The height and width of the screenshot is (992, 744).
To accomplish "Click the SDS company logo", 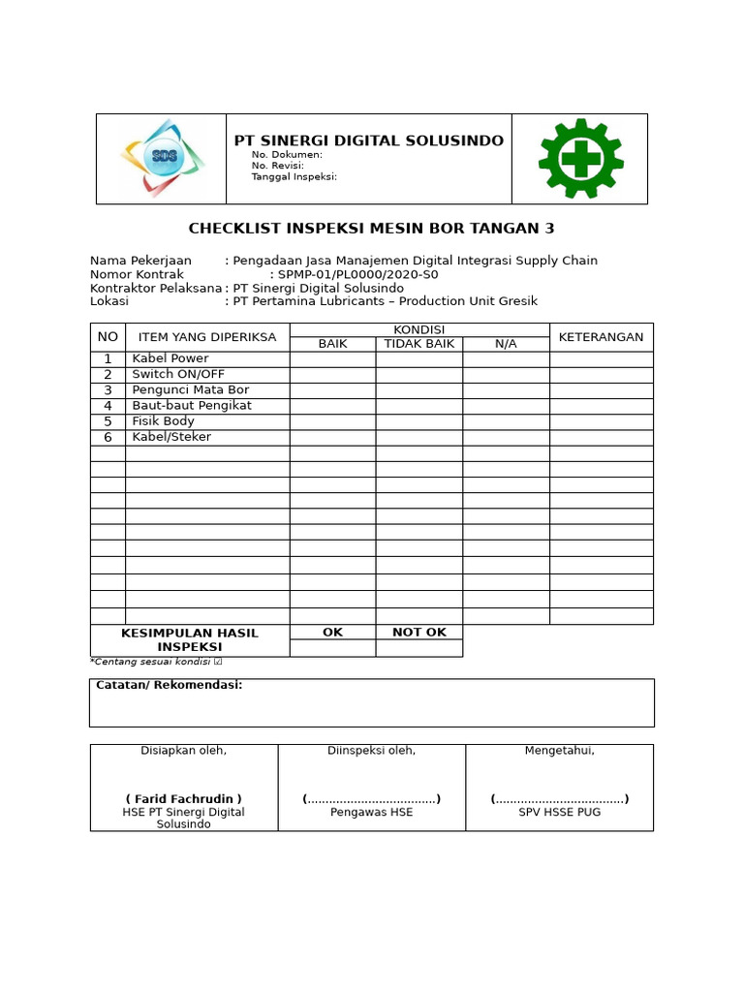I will (x=162, y=158).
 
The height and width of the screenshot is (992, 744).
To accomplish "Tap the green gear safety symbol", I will (x=580, y=159).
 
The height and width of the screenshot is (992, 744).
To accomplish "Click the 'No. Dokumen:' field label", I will (x=287, y=155).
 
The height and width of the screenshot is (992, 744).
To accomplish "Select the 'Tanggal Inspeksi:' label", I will (x=294, y=176).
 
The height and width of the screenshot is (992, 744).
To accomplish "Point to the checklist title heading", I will (x=371, y=229).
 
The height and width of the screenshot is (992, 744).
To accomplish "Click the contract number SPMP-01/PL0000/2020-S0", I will (x=357, y=274).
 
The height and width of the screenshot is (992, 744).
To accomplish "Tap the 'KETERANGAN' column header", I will (x=601, y=337).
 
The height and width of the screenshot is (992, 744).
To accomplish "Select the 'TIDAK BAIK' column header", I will (x=419, y=344).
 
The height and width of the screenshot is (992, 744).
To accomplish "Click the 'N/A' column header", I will (x=506, y=344).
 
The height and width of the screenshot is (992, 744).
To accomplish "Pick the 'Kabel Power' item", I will (x=170, y=358).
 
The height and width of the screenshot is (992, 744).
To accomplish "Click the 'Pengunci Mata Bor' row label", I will (x=191, y=390).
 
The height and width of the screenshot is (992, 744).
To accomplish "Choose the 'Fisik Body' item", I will (x=164, y=421).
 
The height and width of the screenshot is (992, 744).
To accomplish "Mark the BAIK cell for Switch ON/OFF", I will (x=332, y=375).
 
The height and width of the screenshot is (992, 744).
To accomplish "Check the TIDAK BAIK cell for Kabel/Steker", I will (x=419, y=437).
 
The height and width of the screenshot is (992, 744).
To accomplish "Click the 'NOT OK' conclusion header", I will (x=419, y=632).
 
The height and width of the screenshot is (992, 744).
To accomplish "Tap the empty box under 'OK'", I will (x=332, y=648).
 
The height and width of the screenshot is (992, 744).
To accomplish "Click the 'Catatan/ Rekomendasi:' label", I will (x=169, y=685).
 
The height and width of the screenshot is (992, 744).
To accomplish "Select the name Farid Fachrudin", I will (x=183, y=799).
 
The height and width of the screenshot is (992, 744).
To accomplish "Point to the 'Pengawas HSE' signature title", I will (x=371, y=812).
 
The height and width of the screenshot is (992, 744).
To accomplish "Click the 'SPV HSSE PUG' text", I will (x=559, y=812).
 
